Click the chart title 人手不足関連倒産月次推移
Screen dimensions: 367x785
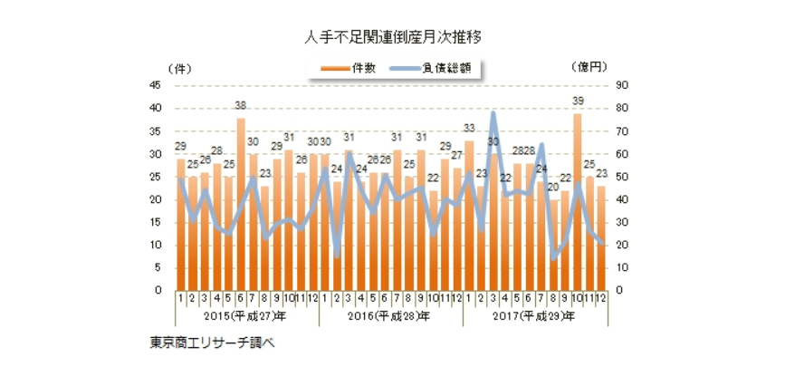pos(392,37)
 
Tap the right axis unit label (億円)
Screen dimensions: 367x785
pos(589,67)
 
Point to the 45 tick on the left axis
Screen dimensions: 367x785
pos(156,85)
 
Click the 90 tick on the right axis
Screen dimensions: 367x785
pos(624,85)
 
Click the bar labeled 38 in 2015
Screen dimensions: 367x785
pos(241,204)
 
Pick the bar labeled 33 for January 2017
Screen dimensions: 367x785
pos(469,213)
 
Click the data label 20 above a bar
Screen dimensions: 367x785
pos(553,190)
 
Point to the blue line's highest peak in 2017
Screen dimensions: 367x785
pos(493,112)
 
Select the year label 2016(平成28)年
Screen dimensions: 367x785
pos(391,316)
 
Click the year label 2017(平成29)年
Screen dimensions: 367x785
pos(534,316)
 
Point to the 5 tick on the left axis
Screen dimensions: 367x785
pos(158,268)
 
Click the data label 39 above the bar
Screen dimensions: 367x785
pos(577,101)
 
